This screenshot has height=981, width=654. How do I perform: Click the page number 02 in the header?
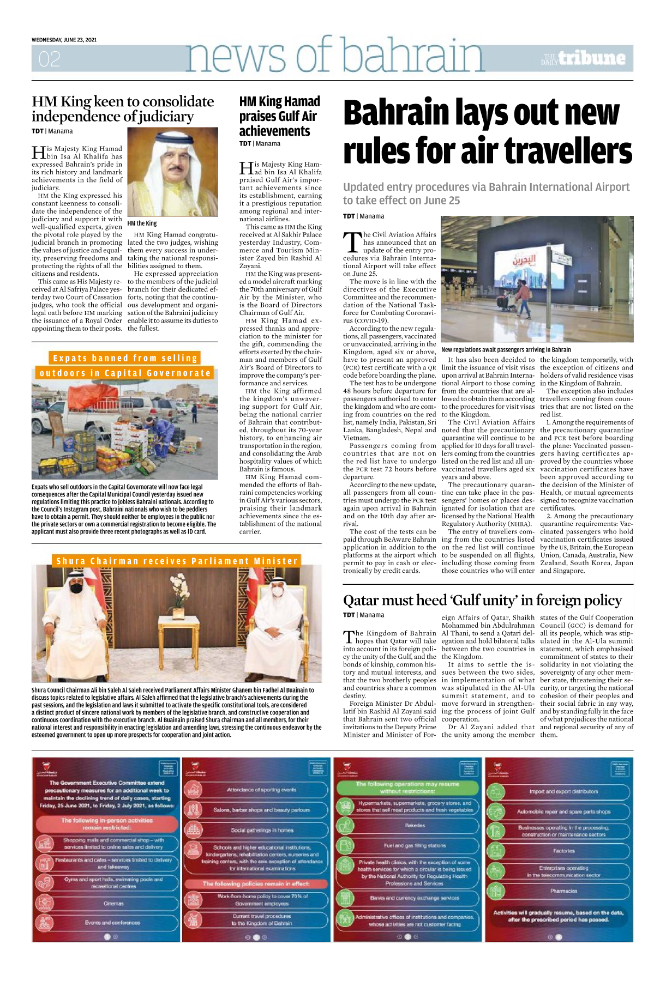pyautogui.click(x=49, y=59)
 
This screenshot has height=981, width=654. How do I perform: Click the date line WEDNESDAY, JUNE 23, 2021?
pyautogui.click(x=64, y=40)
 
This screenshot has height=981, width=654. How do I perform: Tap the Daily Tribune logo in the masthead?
pyautogui.click(x=584, y=58)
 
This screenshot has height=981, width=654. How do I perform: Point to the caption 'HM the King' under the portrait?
pyautogui.click(x=142, y=223)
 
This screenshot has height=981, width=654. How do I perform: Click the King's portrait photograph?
pyautogui.click(x=172, y=172)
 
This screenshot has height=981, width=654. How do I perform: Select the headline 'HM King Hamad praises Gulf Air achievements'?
pyautogui.click(x=279, y=116)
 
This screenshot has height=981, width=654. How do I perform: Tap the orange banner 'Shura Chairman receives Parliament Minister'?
pyautogui.click(x=177, y=561)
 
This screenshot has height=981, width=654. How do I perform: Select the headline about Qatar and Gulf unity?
pyautogui.click(x=482, y=601)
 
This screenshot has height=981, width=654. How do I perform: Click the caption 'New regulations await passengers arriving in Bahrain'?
pyautogui.click(x=506, y=349)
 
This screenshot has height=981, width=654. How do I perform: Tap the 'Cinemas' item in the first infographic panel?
pyautogui.click(x=113, y=903)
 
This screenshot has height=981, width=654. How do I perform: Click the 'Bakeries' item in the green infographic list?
pyautogui.click(x=415, y=825)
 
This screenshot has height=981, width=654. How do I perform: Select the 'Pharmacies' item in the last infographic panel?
pyautogui.click(x=563, y=891)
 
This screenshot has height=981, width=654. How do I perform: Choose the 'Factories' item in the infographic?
pyautogui.click(x=563, y=850)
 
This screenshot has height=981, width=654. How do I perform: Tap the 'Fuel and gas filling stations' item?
pyautogui.click(x=415, y=845)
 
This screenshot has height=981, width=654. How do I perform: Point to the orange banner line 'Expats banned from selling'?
pyautogui.click(x=125, y=358)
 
